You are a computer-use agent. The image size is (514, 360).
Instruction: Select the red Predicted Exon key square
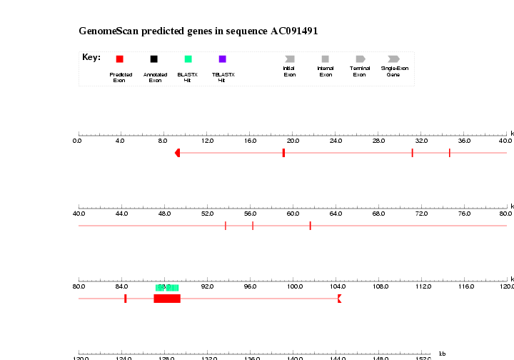pos(119,59)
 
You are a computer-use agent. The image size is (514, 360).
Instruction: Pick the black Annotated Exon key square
pos(153,59)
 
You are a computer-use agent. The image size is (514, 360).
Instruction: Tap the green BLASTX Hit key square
pos(188,59)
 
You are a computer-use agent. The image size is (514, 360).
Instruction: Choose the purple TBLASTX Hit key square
pos(223,59)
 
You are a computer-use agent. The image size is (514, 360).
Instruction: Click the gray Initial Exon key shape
pos(289,59)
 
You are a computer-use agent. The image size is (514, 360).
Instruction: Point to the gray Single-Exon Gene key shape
pos(393,59)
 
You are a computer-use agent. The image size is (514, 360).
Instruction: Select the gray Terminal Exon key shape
pos(360,59)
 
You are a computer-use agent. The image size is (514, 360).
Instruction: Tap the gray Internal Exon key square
pos(326,59)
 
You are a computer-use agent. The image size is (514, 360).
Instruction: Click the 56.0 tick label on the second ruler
pos(250,214)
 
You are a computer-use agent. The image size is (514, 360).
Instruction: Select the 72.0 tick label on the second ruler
pos(421,214)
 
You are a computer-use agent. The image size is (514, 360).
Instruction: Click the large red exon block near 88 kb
pos(167,299)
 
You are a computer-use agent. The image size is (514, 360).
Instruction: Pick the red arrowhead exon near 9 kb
pos(178,153)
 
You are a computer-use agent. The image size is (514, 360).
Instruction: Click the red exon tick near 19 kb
pos(283,153)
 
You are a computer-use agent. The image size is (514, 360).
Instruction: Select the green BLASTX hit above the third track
pos(167,288)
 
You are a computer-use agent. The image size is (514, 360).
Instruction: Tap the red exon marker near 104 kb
pos(339,299)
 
